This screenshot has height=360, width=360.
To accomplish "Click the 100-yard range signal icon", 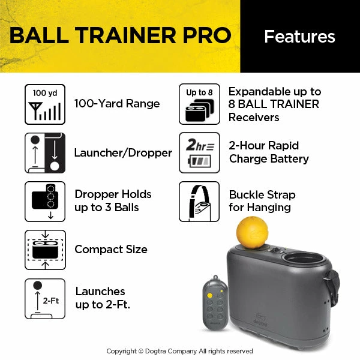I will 45,104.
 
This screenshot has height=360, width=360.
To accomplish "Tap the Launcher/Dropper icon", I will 45,152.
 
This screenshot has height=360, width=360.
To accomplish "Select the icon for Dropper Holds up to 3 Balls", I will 45,201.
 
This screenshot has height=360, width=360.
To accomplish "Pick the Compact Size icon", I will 45,250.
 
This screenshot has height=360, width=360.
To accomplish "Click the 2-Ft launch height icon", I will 45,298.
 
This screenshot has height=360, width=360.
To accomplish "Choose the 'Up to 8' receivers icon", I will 199,104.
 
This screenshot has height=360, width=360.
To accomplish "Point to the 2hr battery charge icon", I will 199,152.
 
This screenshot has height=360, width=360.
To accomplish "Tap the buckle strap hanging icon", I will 199,201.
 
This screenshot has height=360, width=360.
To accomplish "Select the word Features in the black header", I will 299,37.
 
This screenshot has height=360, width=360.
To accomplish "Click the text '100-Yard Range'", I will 117,104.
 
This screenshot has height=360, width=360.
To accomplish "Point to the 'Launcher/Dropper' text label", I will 123,153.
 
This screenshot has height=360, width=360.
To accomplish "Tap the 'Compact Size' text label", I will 111,249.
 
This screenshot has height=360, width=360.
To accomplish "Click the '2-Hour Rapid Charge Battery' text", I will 269,152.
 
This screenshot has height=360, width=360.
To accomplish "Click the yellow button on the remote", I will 210,295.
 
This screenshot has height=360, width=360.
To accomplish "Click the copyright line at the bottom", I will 180,351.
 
